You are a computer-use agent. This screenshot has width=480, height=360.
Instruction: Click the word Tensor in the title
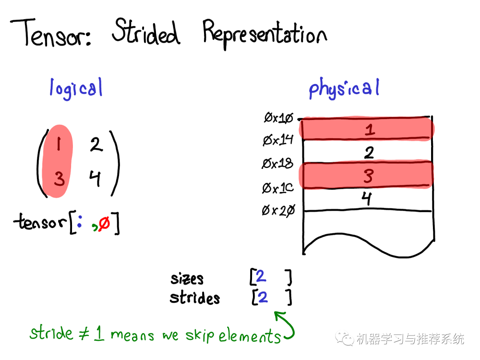click(x=51, y=33)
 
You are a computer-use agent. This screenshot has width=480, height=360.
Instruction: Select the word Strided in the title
click(x=146, y=31)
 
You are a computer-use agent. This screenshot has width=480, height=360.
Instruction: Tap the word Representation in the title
click(x=265, y=34)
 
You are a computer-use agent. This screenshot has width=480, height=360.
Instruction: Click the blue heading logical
click(x=76, y=88)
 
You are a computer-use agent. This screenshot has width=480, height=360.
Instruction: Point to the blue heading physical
click(x=344, y=88)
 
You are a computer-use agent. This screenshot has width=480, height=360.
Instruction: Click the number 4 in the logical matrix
click(x=95, y=178)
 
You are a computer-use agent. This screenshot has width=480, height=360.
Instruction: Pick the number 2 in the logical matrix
click(x=96, y=144)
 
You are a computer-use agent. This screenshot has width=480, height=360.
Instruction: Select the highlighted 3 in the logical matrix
click(x=59, y=179)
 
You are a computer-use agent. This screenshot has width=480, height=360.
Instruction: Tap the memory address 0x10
click(x=279, y=117)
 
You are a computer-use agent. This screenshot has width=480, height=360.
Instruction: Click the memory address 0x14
click(x=278, y=140)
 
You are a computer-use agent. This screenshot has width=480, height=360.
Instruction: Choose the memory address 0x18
click(x=277, y=163)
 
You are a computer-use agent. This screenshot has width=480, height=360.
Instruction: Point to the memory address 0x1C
click(x=278, y=188)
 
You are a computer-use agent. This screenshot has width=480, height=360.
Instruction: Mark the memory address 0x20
click(x=278, y=211)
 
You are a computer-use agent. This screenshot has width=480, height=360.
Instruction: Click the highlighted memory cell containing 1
click(x=367, y=129)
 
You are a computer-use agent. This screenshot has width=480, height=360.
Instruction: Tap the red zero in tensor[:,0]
click(x=104, y=223)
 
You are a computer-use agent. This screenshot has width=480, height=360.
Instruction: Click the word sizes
click(x=187, y=279)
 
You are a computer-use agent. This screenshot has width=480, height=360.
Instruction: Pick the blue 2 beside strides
click(x=262, y=297)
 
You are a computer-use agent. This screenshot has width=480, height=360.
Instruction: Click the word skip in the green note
click(x=200, y=335)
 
